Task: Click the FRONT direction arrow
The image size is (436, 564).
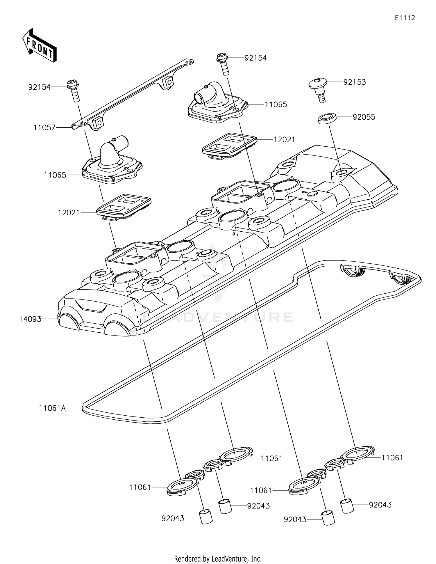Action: coord(39,46)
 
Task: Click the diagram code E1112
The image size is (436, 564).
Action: coord(405,18)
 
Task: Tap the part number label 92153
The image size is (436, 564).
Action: coord(354,82)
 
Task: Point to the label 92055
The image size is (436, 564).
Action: coord(364,117)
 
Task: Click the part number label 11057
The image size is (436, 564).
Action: coord(44,127)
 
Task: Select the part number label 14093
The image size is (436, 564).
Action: coord(30,319)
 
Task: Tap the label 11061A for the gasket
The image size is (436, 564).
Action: coord(52,408)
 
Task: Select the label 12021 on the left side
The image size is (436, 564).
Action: coord(69,213)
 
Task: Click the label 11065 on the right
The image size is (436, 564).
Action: coord(276,104)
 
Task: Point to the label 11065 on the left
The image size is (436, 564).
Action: coord(55,175)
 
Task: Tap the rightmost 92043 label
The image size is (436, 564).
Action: coord(380,505)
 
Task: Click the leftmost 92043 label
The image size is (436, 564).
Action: coord(173,518)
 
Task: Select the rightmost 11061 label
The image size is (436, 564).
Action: coord(392,458)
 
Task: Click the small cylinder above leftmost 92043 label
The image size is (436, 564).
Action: coord(206,516)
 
